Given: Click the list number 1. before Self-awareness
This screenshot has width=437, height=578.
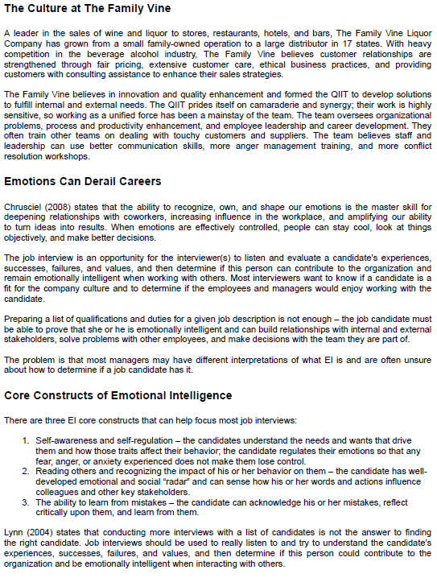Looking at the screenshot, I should (27, 440).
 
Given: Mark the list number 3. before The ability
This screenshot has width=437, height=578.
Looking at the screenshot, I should (27, 501).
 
